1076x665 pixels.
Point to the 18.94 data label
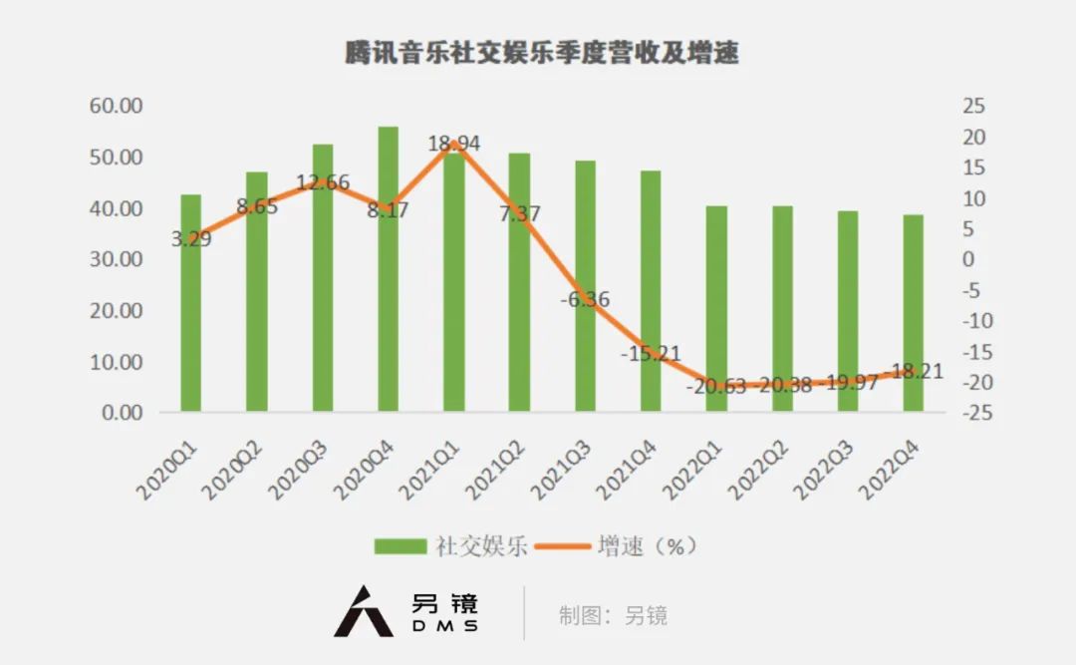pyautogui.click(x=454, y=144)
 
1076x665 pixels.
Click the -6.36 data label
pyautogui.click(x=585, y=299)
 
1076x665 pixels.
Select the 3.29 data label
pyautogui.click(x=190, y=238)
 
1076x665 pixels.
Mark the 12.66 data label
pyautogui.click(x=323, y=182)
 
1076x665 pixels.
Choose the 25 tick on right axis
pyautogui.click(x=971, y=106)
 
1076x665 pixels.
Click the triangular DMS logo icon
pyautogui.click(x=363, y=610)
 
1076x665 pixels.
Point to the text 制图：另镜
pyautogui.click(x=613, y=615)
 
